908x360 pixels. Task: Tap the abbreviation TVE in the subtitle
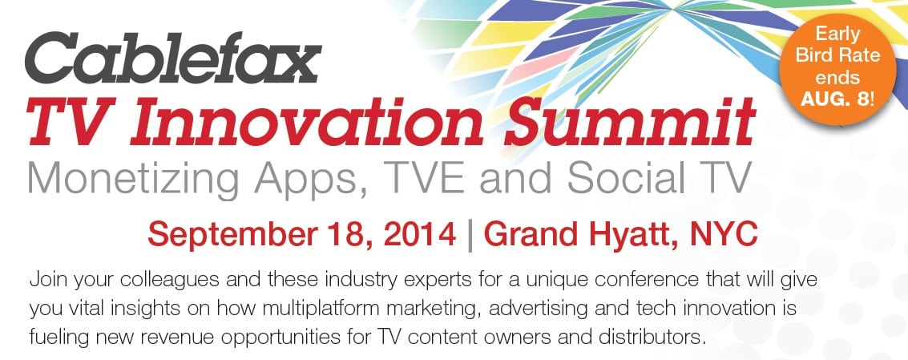(x=421, y=177)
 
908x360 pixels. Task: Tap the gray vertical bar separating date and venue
(x=470, y=236)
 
